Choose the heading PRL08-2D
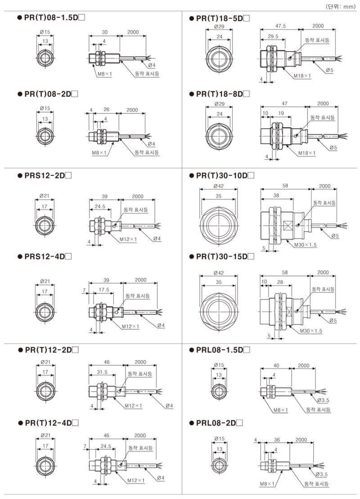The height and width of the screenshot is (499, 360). [219, 423]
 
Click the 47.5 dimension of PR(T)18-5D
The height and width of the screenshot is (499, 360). [282, 27]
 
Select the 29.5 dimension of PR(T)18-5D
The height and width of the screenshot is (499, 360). [272, 36]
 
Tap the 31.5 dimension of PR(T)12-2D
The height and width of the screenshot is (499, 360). [101, 372]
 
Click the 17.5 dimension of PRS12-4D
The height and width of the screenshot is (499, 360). [105, 289]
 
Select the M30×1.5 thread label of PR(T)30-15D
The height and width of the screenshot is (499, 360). [310, 331]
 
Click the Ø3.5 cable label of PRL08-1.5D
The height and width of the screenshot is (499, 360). [324, 400]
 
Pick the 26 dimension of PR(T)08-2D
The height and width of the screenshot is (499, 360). [106, 110]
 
